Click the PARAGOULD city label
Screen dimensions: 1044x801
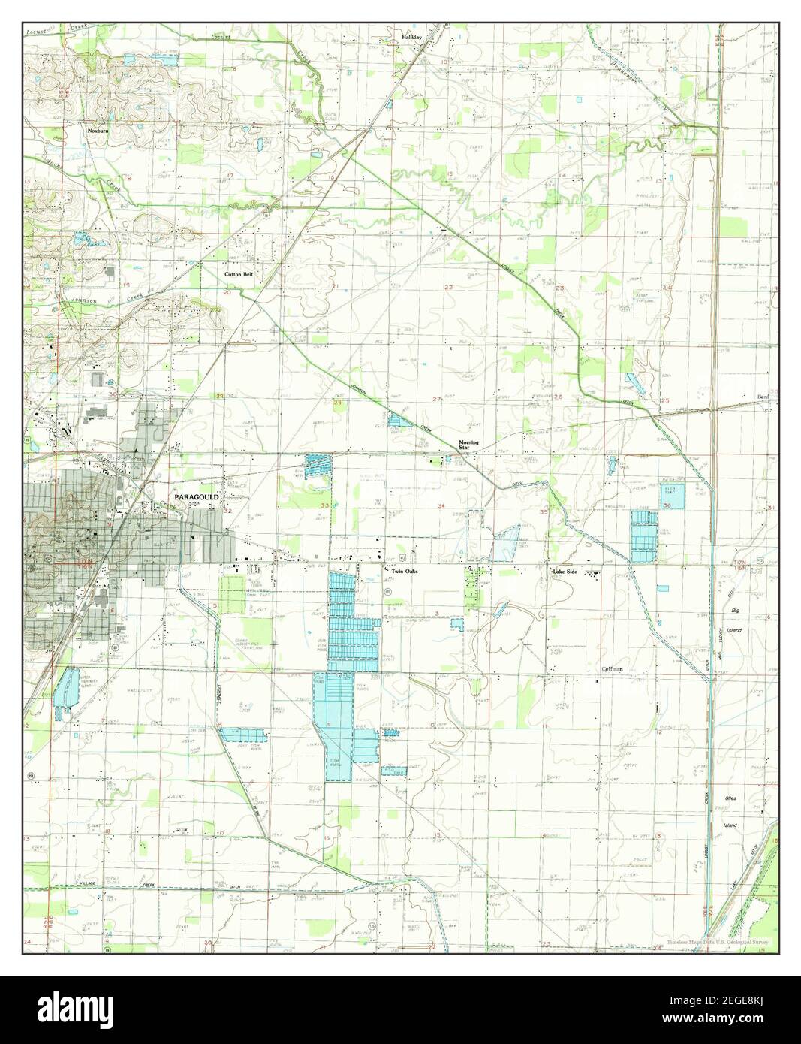coord(197,497)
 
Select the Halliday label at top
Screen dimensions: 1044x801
coord(411,36)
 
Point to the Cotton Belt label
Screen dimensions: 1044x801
coord(239,275)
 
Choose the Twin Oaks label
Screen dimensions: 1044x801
coord(405,572)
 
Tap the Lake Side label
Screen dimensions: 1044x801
coord(565,572)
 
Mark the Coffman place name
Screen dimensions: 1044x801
coord(613,668)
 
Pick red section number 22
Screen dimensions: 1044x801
coord(448,288)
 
